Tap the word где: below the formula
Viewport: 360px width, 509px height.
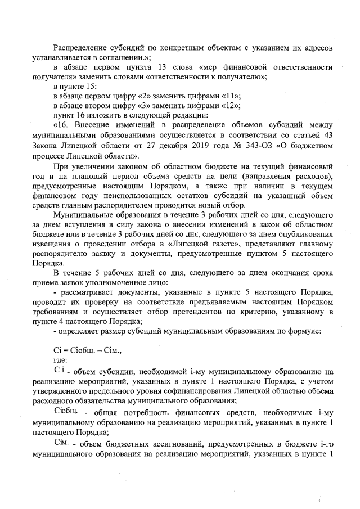[59, 361]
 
